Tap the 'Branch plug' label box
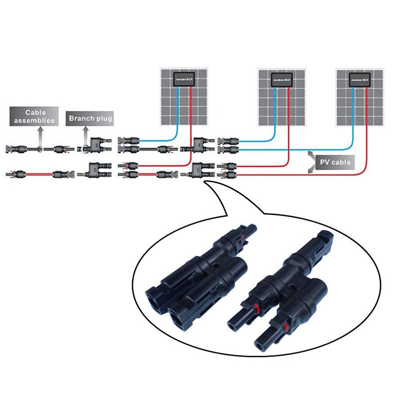(x=90, y=118)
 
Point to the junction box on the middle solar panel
(x=282, y=80)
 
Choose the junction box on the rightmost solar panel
(x=360, y=80)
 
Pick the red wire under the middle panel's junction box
(x=289, y=118)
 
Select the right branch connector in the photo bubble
(x=286, y=290)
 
